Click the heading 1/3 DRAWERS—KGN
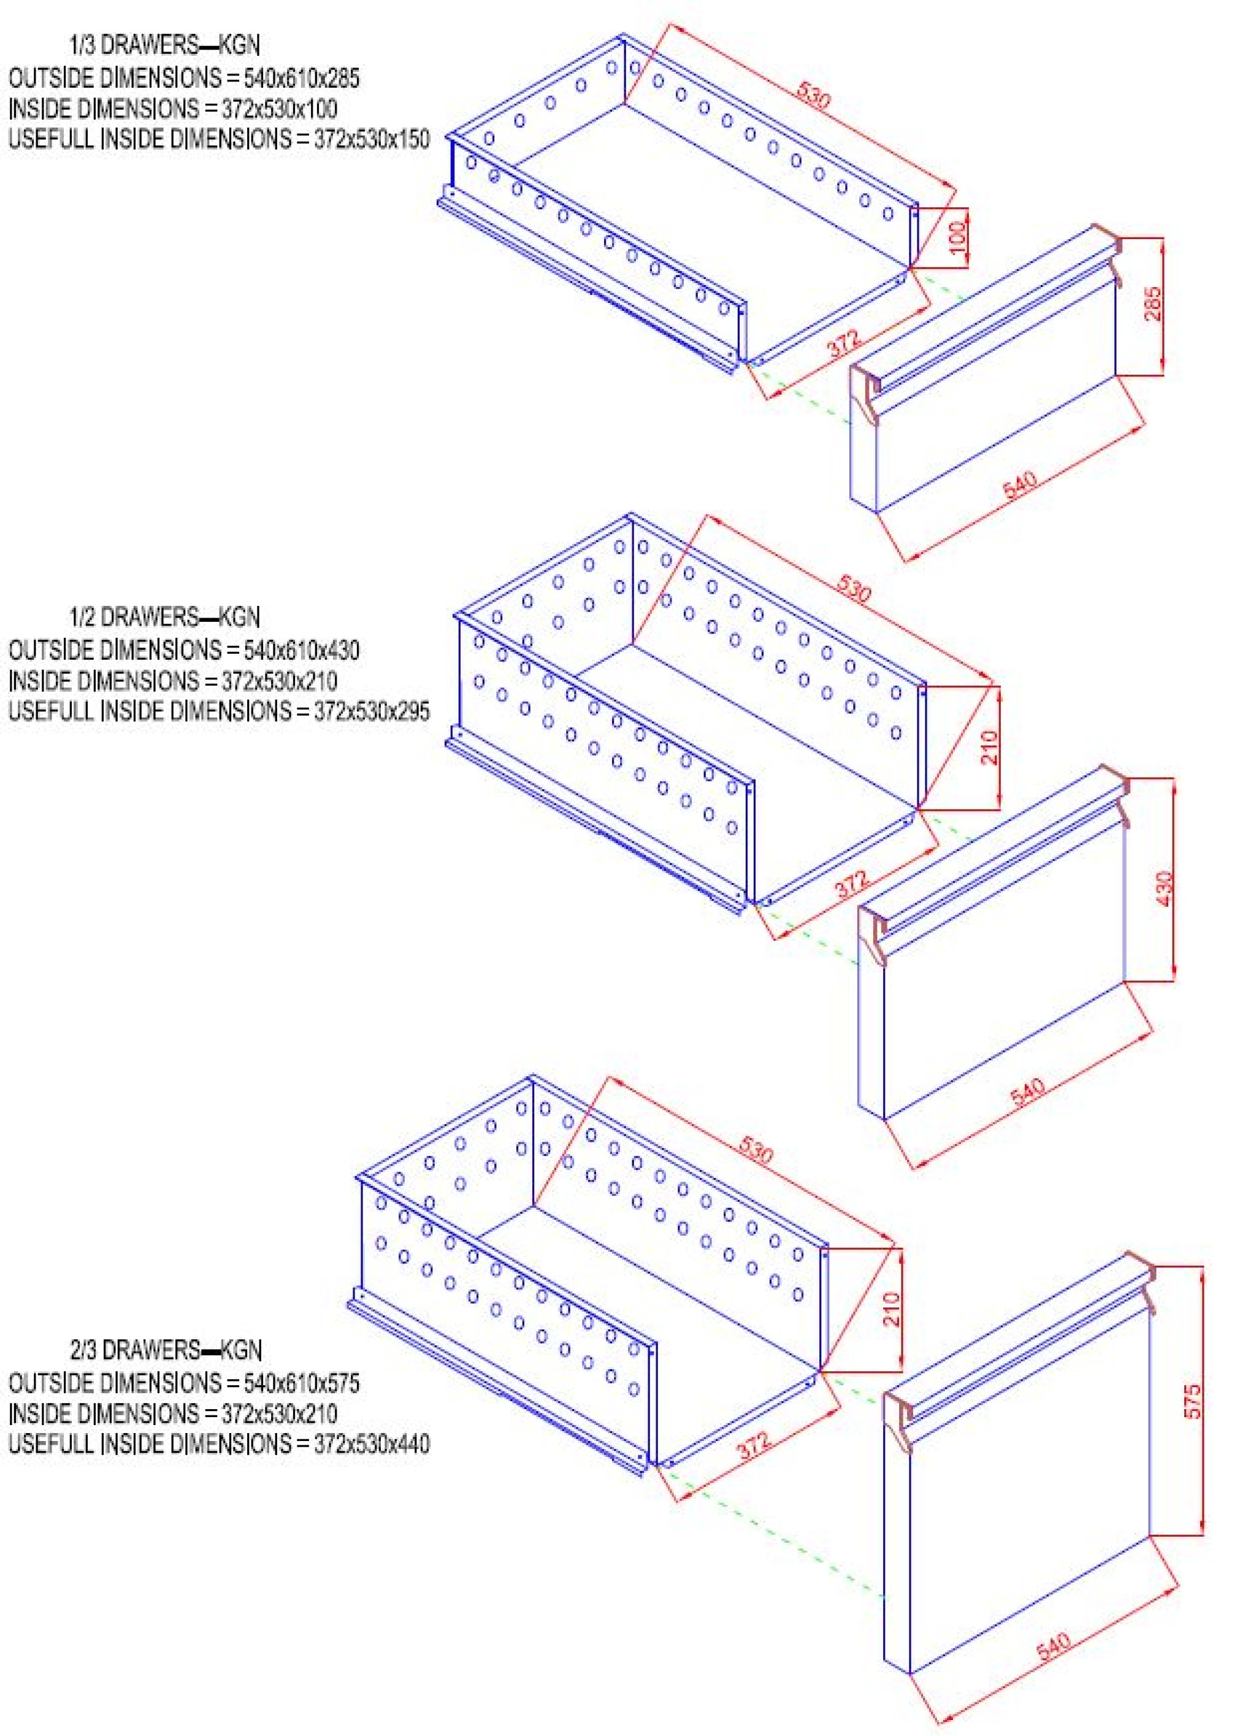(x=164, y=45)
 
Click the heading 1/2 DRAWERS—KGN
(x=164, y=616)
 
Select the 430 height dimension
(x=1165, y=889)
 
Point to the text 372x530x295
(x=372, y=711)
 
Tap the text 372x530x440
(x=372, y=1443)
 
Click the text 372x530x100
(x=280, y=109)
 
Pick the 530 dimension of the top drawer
(x=814, y=96)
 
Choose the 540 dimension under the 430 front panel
(x=1027, y=1092)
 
